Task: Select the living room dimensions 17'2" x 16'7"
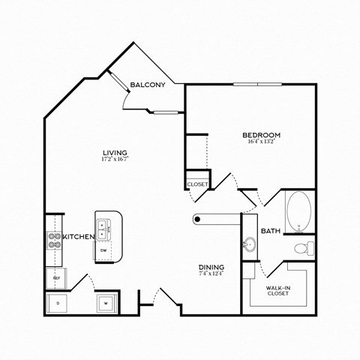point(113,159)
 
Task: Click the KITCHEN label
point(78,237)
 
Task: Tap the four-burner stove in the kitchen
point(54,239)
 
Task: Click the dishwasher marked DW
point(103,250)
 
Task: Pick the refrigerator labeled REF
point(55,277)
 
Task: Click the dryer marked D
point(58,303)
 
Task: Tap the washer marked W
point(106,303)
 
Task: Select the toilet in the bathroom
point(301,247)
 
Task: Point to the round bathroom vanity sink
point(250,244)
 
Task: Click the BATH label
point(271,231)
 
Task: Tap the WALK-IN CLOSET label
point(278,290)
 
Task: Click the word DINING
point(211,268)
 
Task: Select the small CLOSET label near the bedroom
point(196,183)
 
